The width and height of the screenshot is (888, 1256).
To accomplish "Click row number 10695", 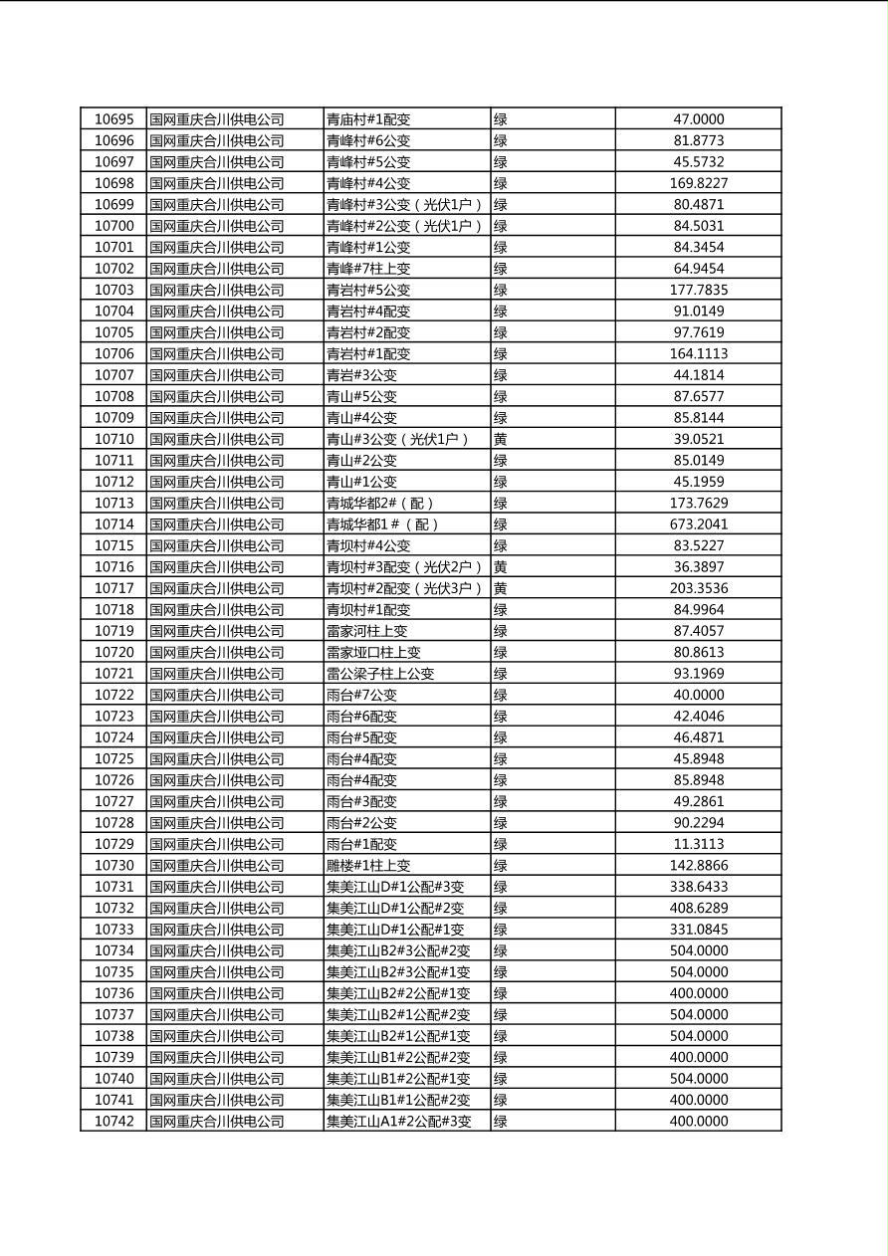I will pyautogui.click(x=113, y=119).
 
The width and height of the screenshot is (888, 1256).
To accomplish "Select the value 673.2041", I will pyautogui.click(x=698, y=524).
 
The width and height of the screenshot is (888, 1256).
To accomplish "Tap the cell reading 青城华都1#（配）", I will pyautogui.click(x=382, y=524).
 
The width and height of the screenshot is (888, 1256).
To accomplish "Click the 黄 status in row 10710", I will pyautogui.click(x=501, y=439).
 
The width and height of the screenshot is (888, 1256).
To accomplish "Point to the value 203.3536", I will pyautogui.click(x=698, y=588).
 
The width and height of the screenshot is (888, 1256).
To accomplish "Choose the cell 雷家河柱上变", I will pyautogui.click(x=366, y=631).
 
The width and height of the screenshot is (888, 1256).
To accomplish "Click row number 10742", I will pyautogui.click(x=113, y=1122).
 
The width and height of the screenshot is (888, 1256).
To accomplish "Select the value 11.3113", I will pyautogui.click(x=698, y=844).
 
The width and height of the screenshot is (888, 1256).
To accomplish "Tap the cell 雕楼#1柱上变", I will pyautogui.click(x=367, y=866).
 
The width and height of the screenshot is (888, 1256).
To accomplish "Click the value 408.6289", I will pyautogui.click(x=698, y=908).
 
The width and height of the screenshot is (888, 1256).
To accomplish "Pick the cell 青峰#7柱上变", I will pyautogui.click(x=367, y=269).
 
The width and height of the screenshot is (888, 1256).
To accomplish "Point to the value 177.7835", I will pyautogui.click(x=698, y=290).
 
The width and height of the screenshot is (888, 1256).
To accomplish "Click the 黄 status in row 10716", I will pyautogui.click(x=501, y=567).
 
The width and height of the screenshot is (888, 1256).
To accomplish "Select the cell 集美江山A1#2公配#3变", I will pyautogui.click(x=398, y=1122).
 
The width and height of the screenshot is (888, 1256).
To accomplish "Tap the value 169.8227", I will pyautogui.click(x=698, y=183).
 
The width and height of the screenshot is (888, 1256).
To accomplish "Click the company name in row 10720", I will pyautogui.click(x=217, y=653).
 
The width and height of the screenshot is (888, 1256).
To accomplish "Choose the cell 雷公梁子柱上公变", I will pyautogui.click(x=380, y=674).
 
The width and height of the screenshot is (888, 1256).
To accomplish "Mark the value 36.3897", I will pyautogui.click(x=698, y=567).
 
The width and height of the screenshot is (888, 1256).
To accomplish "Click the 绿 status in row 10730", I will pyautogui.click(x=501, y=866).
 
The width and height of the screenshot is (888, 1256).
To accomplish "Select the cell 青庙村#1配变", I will pyautogui.click(x=367, y=119).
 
